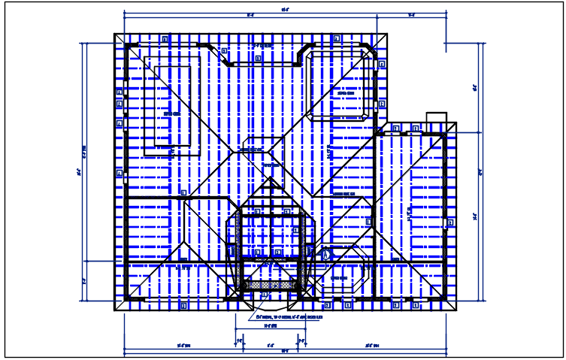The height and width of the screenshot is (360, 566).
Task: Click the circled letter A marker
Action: [x=326, y=255]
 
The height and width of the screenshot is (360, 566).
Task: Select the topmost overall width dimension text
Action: [x=285, y=10]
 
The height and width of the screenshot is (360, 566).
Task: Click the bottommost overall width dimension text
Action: [x=285, y=351]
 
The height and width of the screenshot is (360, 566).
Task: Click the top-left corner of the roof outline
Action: [x=114, y=33]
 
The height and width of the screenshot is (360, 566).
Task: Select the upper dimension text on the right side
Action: [x=475, y=88]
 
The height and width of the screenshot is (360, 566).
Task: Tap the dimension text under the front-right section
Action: [x=371, y=346]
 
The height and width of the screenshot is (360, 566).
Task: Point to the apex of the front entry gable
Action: [x=270, y=180]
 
